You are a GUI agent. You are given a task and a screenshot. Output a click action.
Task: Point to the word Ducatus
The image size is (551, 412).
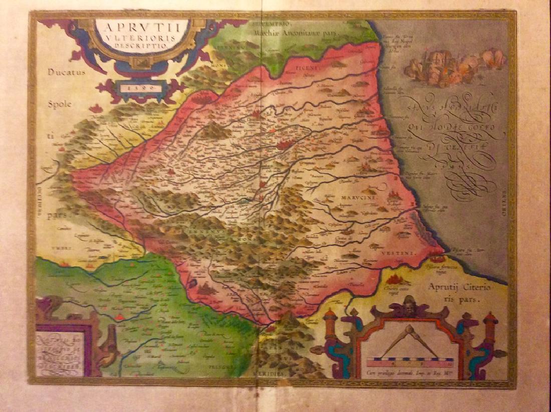pos(63,72)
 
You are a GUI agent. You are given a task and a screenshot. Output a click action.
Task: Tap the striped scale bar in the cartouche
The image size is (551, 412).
pos(410,360)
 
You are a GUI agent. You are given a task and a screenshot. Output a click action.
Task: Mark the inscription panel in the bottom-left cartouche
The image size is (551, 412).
pos(60,353)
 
